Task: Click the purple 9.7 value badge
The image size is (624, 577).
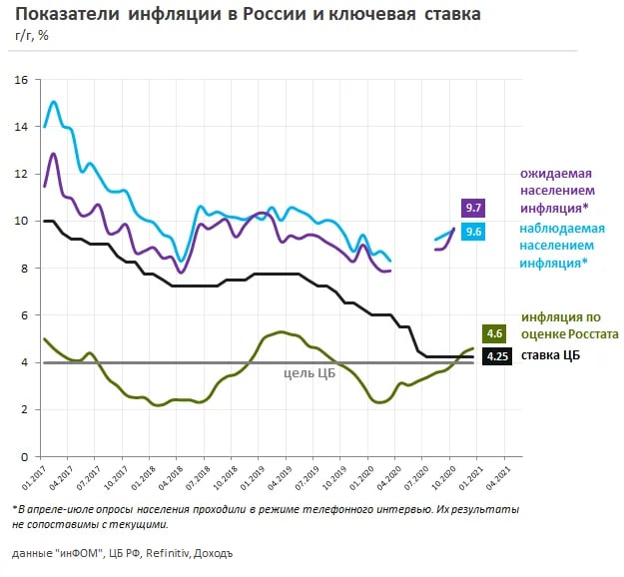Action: click(x=473, y=208)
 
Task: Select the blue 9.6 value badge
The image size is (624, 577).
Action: click(x=473, y=231)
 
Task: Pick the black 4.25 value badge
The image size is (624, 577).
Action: click(x=496, y=356)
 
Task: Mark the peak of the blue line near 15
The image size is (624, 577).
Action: click(x=54, y=102)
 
